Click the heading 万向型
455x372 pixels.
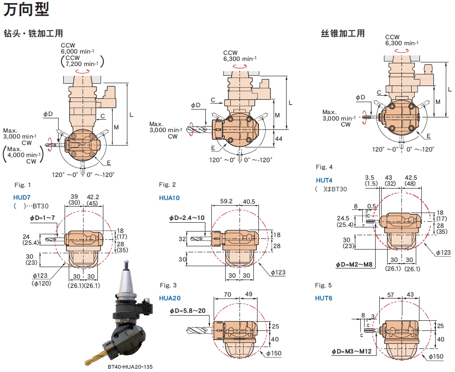(26, 9)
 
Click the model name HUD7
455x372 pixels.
(22, 197)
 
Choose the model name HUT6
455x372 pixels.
(323, 298)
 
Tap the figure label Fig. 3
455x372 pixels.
(168, 285)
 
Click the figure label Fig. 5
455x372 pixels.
(323, 285)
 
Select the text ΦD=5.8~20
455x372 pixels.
(187, 310)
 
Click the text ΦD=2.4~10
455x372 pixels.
(187, 217)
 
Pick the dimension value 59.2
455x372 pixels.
(227, 201)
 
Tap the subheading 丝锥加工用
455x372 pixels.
(342, 34)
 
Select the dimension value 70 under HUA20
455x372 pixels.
(227, 294)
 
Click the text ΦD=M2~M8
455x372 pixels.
(354, 265)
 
